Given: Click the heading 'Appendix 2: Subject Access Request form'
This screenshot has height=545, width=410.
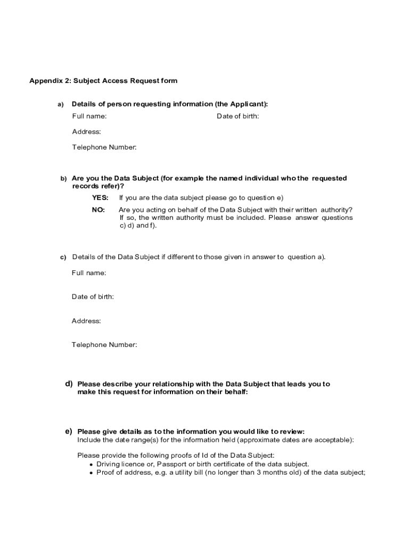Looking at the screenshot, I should pos(103,81).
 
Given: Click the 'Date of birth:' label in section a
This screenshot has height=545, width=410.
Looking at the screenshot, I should pos(237,116).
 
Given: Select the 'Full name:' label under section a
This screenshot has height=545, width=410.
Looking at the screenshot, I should pos(89,116).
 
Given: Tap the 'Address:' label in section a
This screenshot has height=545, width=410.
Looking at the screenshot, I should pos(87,131).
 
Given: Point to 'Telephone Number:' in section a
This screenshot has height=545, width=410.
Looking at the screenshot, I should pos(104,147).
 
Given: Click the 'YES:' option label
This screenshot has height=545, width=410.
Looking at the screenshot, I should pos(100,197).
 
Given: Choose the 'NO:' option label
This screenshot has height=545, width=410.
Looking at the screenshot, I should pos(99,210).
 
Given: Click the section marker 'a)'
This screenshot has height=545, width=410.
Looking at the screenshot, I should pos(61,104).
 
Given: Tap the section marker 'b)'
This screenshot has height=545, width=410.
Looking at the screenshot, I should pos(63,179).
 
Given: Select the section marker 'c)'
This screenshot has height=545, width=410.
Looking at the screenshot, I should pos(63,258).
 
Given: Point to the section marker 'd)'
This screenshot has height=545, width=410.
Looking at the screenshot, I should pos(69,384).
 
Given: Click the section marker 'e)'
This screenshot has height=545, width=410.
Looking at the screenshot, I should pos(69,431).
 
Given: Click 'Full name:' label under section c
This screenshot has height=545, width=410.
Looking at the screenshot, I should pos(89,273).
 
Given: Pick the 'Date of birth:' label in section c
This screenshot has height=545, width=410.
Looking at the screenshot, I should pos(93,296).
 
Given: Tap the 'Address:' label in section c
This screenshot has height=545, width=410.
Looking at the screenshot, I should pos(86,321).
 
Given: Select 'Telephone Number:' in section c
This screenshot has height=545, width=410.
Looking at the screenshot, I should pos(104,345).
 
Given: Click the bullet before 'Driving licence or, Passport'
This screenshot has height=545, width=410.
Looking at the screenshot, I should pos(92,465).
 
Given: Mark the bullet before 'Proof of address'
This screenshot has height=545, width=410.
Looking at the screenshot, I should pos(92,473).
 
